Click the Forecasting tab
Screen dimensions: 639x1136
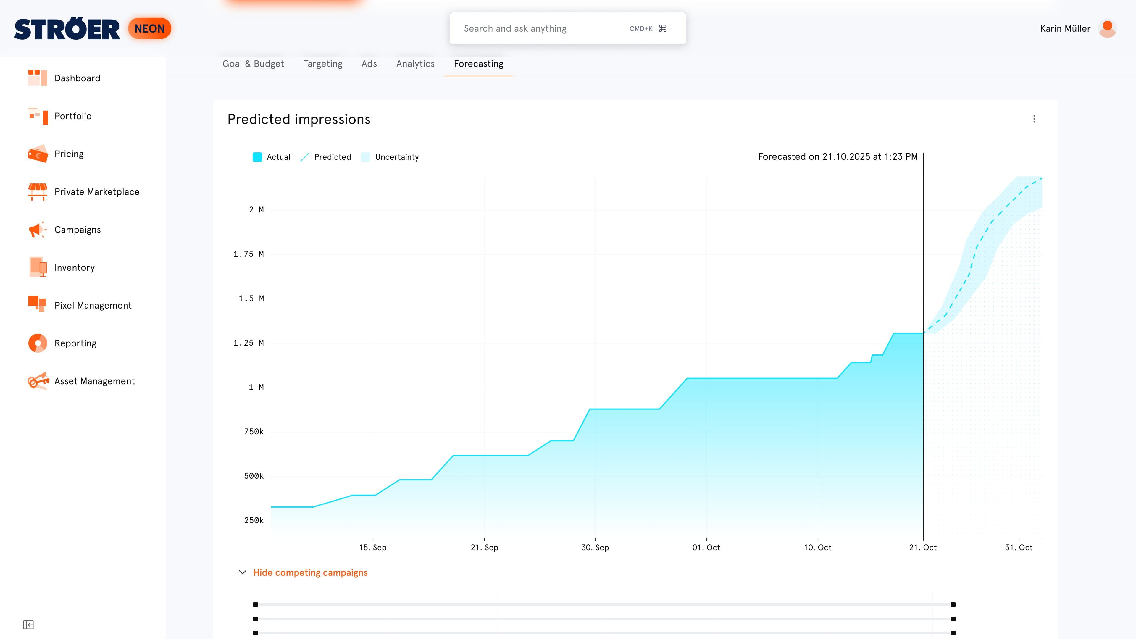[x=478, y=64]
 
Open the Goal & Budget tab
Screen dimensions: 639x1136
[x=253, y=64]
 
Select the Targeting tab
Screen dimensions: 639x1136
[x=323, y=64]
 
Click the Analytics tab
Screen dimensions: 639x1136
[x=415, y=64]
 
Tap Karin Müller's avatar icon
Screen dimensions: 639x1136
[x=1107, y=29]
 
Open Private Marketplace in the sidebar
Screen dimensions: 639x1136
[x=96, y=192]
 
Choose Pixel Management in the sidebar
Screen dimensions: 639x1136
[x=93, y=306]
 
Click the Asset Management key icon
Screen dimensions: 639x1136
[x=38, y=381]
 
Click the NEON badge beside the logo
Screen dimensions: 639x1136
[x=149, y=29]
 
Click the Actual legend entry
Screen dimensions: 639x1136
[x=272, y=157]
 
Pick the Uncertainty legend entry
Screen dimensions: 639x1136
[x=390, y=157]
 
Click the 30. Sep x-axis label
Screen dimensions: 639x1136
[x=595, y=547]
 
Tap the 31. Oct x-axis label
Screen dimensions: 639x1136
[x=1019, y=547]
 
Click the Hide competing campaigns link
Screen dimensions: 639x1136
[x=310, y=572]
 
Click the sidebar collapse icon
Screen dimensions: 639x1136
[x=28, y=625]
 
